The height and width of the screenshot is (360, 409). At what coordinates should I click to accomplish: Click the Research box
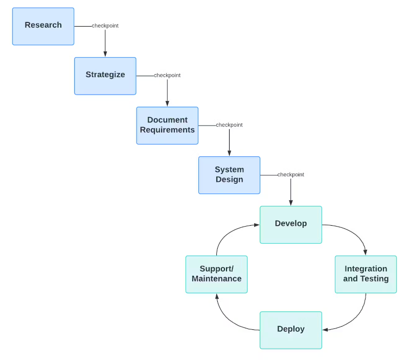pos(43,26)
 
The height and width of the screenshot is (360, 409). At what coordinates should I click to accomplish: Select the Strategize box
pos(105,76)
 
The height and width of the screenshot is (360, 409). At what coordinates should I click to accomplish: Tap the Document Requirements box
pos(167,125)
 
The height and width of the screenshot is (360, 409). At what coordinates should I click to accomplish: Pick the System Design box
pos(229,175)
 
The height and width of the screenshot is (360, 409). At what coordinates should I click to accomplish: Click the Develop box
pos(290,224)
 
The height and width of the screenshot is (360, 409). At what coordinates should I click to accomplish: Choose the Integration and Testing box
pos(366,274)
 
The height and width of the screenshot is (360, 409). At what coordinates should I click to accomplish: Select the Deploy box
pos(290,330)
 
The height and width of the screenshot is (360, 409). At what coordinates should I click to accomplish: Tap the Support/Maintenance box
pos(216,274)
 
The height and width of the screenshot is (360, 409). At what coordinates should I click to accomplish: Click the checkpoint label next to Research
pos(105,26)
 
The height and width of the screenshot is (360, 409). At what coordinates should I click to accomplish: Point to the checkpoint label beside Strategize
pos(167,76)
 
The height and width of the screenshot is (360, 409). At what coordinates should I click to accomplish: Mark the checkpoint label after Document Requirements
pos(229,125)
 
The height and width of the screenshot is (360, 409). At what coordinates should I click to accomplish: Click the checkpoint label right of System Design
pos(291,175)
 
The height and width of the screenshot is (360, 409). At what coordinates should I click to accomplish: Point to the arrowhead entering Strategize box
pos(105,54)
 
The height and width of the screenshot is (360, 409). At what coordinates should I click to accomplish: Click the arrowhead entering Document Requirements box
pos(167,103)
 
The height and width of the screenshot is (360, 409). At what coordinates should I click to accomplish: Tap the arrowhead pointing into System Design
pos(229,153)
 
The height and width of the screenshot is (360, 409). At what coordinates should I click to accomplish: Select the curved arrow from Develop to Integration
pos(355,232)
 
